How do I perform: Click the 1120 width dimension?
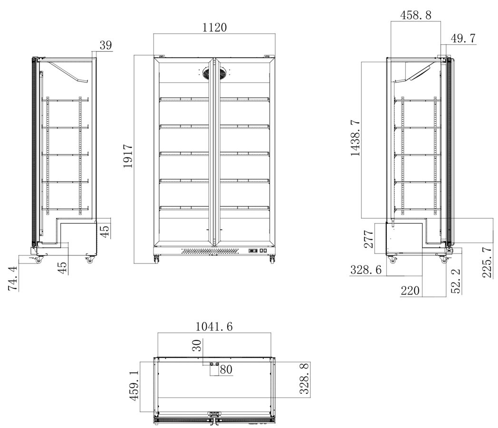click(215, 27)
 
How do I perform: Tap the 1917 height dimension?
click(128, 156)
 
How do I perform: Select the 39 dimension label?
click(106, 45)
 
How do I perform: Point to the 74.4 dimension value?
click(13, 279)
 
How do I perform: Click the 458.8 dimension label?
click(415, 15)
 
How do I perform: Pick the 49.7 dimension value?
click(463, 39)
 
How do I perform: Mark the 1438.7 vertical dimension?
click(355, 138)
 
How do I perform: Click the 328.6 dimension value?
click(365, 270)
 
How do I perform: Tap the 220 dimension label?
click(410, 291)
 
